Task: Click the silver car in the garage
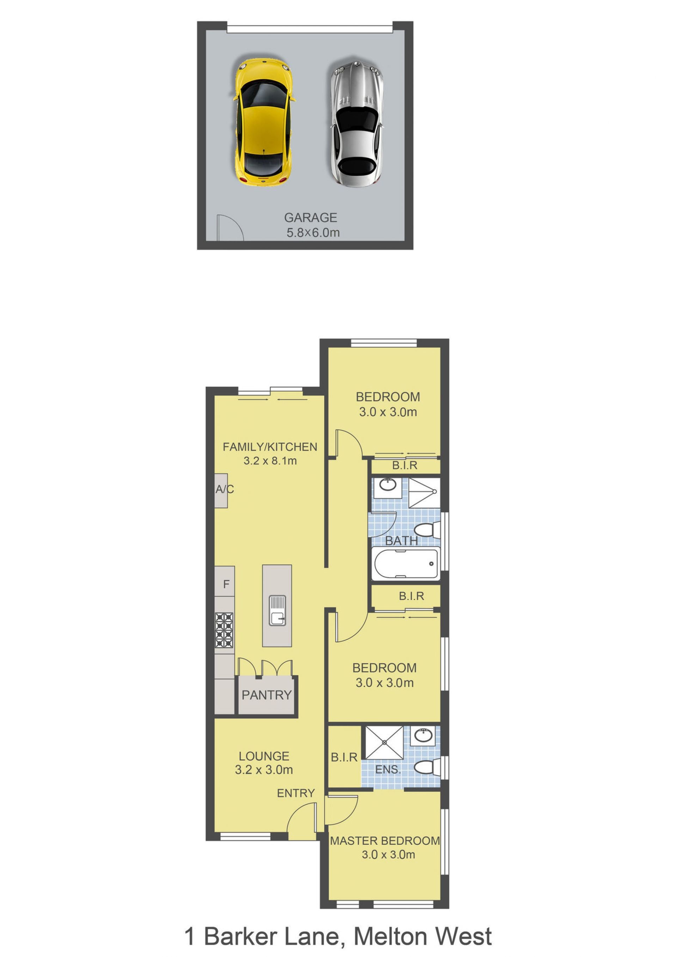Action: point(357,124)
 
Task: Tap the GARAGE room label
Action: point(311,218)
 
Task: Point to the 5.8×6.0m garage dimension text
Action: point(313,233)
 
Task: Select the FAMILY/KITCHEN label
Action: point(270,447)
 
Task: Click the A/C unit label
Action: point(225,489)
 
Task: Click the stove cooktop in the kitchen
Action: point(224,630)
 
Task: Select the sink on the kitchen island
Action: point(277,611)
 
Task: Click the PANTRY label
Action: point(267,695)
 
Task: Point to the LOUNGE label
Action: point(264,756)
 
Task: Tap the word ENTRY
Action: point(296,793)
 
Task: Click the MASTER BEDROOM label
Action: point(385,841)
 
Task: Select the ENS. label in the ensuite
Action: point(388,769)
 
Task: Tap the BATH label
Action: point(402,541)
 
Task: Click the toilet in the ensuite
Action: point(427,767)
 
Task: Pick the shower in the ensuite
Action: point(384,742)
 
